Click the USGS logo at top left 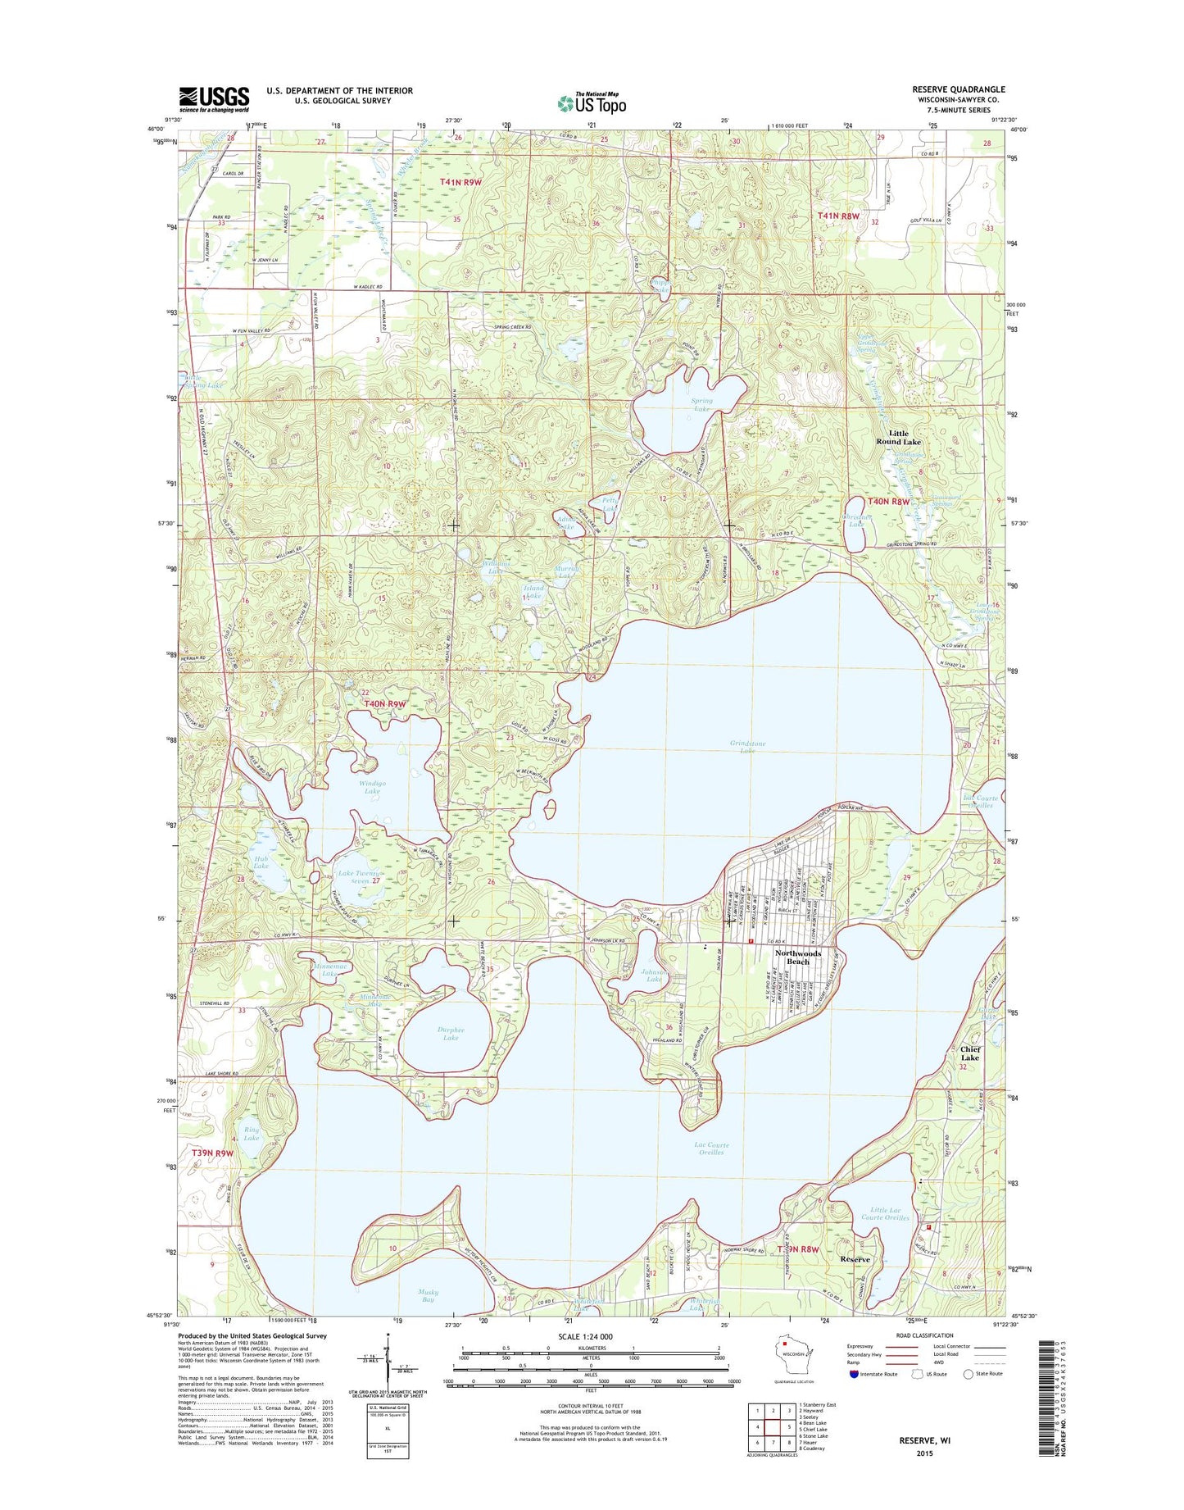(214, 99)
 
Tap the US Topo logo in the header (592, 102)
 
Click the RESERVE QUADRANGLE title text (958, 89)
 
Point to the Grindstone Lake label (747, 747)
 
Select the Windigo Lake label (372, 787)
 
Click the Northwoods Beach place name (798, 957)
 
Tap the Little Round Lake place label (898, 438)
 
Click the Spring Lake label (702, 405)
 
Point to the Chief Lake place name (969, 1053)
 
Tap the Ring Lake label (252, 1134)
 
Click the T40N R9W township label (385, 704)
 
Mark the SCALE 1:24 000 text (590, 1337)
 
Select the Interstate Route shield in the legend (856, 1374)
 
